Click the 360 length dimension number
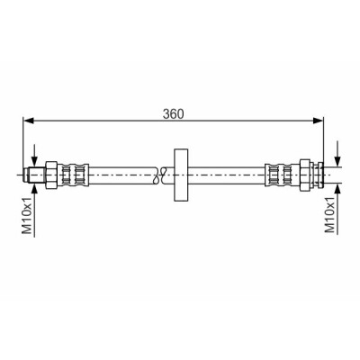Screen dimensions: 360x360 (x=173, y=114)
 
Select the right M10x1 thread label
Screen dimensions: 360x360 (x=330, y=215)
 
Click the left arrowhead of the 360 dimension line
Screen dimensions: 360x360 (x=28, y=121)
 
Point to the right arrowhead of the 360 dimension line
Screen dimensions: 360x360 (x=319, y=121)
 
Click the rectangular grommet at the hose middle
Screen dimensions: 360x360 (x=181, y=175)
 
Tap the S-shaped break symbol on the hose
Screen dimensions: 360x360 (x=159, y=175)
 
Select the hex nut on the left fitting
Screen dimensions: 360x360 (x=51, y=175)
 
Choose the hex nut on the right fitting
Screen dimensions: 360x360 (x=305, y=175)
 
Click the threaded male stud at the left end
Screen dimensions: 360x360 (x=34, y=175)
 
